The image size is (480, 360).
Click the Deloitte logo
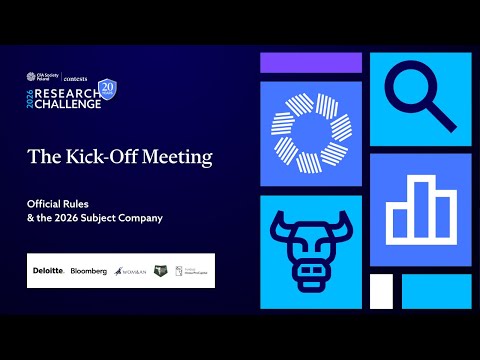[x=48, y=271]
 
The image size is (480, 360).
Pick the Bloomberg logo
[x=89, y=271]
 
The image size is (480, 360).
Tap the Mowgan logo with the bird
[x=132, y=271]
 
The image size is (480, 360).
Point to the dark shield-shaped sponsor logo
[x=162, y=271]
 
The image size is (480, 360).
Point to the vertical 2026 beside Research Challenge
[x=31, y=95]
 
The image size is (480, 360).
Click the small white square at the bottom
[x=381, y=290]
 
